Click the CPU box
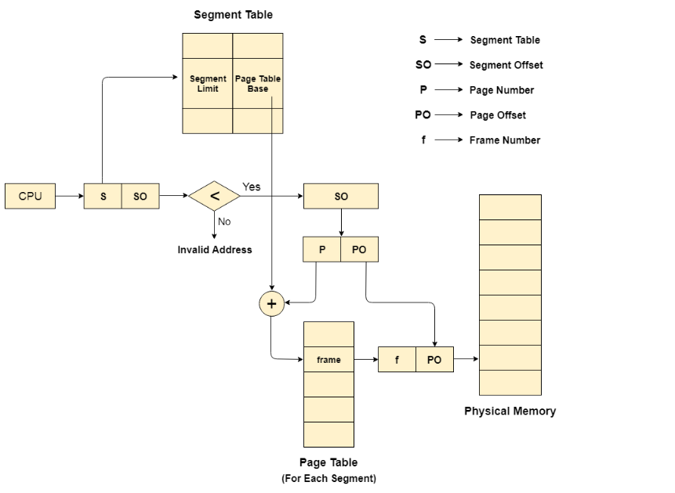point(30,196)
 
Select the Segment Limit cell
point(208,84)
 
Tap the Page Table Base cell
point(258,84)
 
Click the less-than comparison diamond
point(214,196)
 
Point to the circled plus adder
point(271,304)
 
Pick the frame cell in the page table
point(328,360)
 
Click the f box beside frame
point(397,360)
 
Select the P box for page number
point(321,250)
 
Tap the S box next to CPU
point(103,197)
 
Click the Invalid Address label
point(215,250)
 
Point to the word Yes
point(252,187)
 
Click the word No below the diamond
point(224,221)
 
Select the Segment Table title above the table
point(234,15)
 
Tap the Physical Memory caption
point(510,411)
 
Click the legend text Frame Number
point(505,140)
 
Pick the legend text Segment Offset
point(506,65)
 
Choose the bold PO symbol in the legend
point(423,115)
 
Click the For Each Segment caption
point(328,478)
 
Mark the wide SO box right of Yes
point(341,196)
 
